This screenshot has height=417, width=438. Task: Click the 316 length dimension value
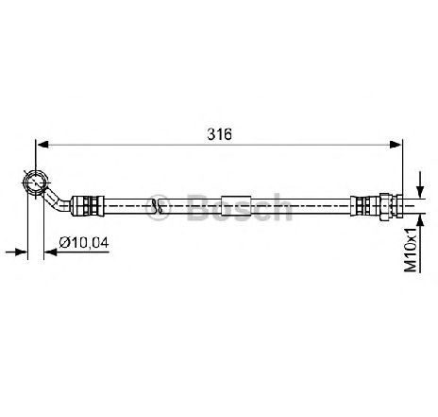(219, 134)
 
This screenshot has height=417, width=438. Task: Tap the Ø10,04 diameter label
(84, 243)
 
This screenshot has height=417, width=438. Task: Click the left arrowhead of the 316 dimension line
(42, 145)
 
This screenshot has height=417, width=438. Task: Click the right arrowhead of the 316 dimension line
(396, 145)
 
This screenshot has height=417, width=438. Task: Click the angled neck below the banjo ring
(56, 200)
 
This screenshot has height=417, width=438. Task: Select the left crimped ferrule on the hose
(87, 206)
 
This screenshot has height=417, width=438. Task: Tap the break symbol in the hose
(158, 206)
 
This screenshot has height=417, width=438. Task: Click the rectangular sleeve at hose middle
(236, 206)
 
